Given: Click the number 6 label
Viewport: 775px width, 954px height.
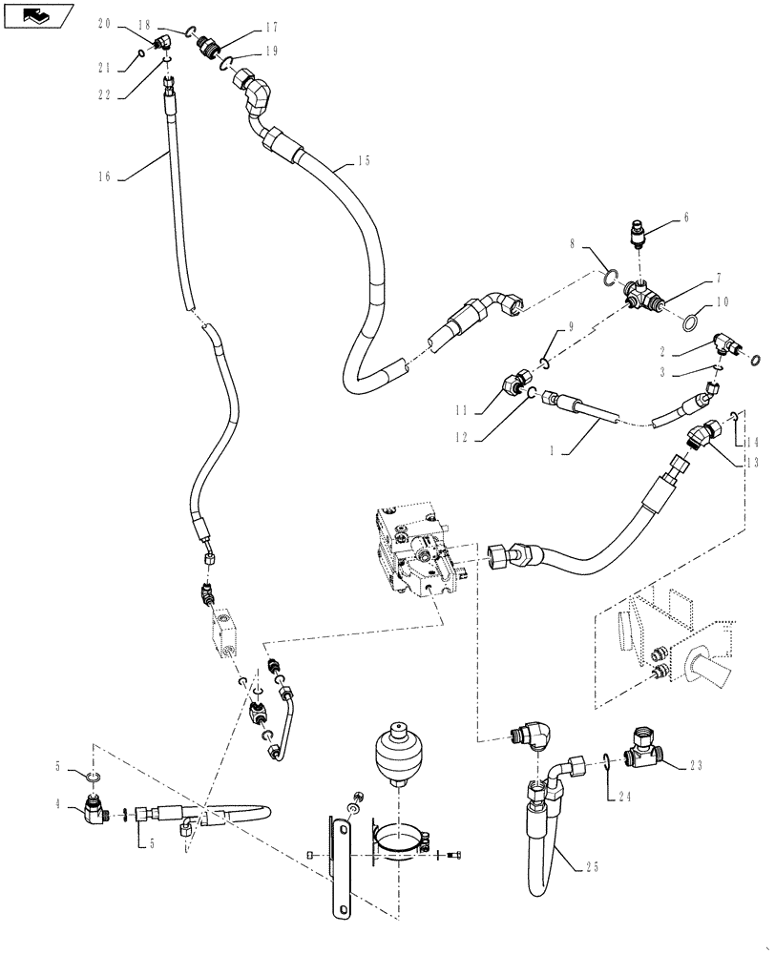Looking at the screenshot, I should coord(685,218).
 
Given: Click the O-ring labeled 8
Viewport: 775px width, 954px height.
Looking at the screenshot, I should coord(605,280).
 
